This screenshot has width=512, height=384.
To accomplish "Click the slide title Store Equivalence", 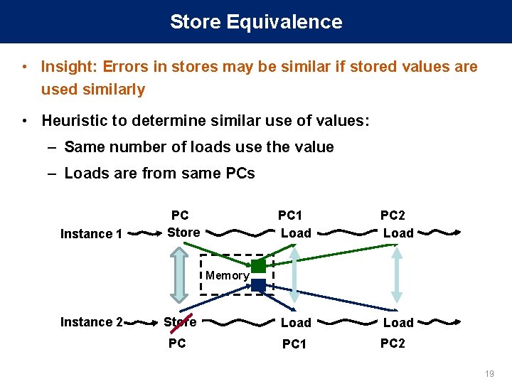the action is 256,22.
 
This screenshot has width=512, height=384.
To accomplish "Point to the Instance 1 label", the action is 92,234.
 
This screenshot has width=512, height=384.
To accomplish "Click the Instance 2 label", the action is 92,322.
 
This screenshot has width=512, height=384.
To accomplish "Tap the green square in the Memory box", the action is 258,266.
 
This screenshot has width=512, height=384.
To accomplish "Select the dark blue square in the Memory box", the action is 258,285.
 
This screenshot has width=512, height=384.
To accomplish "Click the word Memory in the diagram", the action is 227,275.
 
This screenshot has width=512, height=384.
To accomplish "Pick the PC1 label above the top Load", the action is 290,215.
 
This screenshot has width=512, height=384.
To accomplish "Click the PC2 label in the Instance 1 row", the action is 393,215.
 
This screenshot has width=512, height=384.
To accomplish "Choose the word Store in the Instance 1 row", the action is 183,233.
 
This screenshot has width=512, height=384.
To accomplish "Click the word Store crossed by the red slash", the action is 180,322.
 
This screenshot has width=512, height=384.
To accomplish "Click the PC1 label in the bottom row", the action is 294,344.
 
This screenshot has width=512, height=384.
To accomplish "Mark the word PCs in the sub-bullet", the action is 240,173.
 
